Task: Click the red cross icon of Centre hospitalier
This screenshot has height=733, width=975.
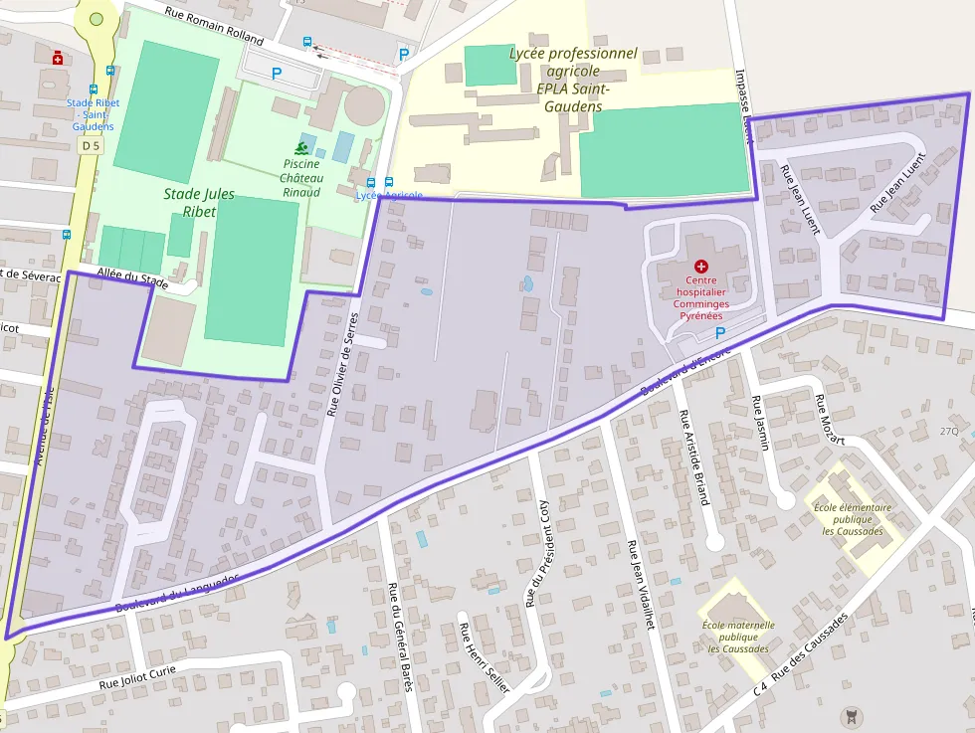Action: tap(701, 267)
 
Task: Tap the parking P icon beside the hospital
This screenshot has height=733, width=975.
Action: tap(720, 333)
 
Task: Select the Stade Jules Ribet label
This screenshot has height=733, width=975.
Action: tap(199, 203)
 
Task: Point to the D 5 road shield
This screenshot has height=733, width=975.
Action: tap(92, 145)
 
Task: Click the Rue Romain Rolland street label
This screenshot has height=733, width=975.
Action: tap(214, 26)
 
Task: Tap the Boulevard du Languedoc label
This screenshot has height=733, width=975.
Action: tap(176, 593)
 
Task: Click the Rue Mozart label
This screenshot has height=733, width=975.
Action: tap(831, 421)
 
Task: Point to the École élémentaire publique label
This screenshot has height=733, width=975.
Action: tap(852, 518)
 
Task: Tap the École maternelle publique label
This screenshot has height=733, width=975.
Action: tap(738, 637)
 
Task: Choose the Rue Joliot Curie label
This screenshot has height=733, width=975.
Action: tap(137, 677)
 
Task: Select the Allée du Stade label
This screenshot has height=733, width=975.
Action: tap(132, 278)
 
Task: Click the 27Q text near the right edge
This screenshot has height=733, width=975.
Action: tap(948, 431)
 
